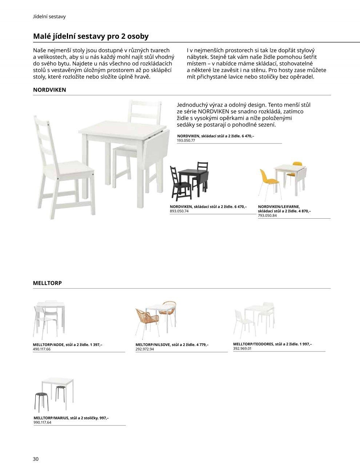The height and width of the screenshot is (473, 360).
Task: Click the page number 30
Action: click(x=36, y=458)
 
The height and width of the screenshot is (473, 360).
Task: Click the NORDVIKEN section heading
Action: click(x=49, y=90)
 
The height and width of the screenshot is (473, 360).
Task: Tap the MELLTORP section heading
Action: click(x=47, y=283)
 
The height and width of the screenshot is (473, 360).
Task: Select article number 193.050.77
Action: click(x=186, y=140)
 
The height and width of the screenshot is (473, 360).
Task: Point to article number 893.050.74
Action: click(x=179, y=211)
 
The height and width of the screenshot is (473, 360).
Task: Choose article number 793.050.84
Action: click(x=267, y=215)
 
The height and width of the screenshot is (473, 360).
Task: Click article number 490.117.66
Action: click(x=42, y=349)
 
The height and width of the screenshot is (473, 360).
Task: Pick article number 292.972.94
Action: click(x=144, y=349)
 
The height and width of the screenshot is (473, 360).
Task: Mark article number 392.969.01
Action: click(x=242, y=348)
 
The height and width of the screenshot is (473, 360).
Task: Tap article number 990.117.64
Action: click(x=42, y=422)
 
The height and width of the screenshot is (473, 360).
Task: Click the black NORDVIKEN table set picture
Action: click(x=189, y=180)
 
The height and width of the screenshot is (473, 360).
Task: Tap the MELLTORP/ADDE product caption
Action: click(x=68, y=344)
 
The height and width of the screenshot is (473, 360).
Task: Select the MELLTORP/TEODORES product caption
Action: click(x=272, y=344)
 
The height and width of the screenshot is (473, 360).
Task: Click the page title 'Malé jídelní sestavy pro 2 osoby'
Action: click(x=91, y=37)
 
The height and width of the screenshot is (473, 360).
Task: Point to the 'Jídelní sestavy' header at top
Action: click(x=49, y=17)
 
